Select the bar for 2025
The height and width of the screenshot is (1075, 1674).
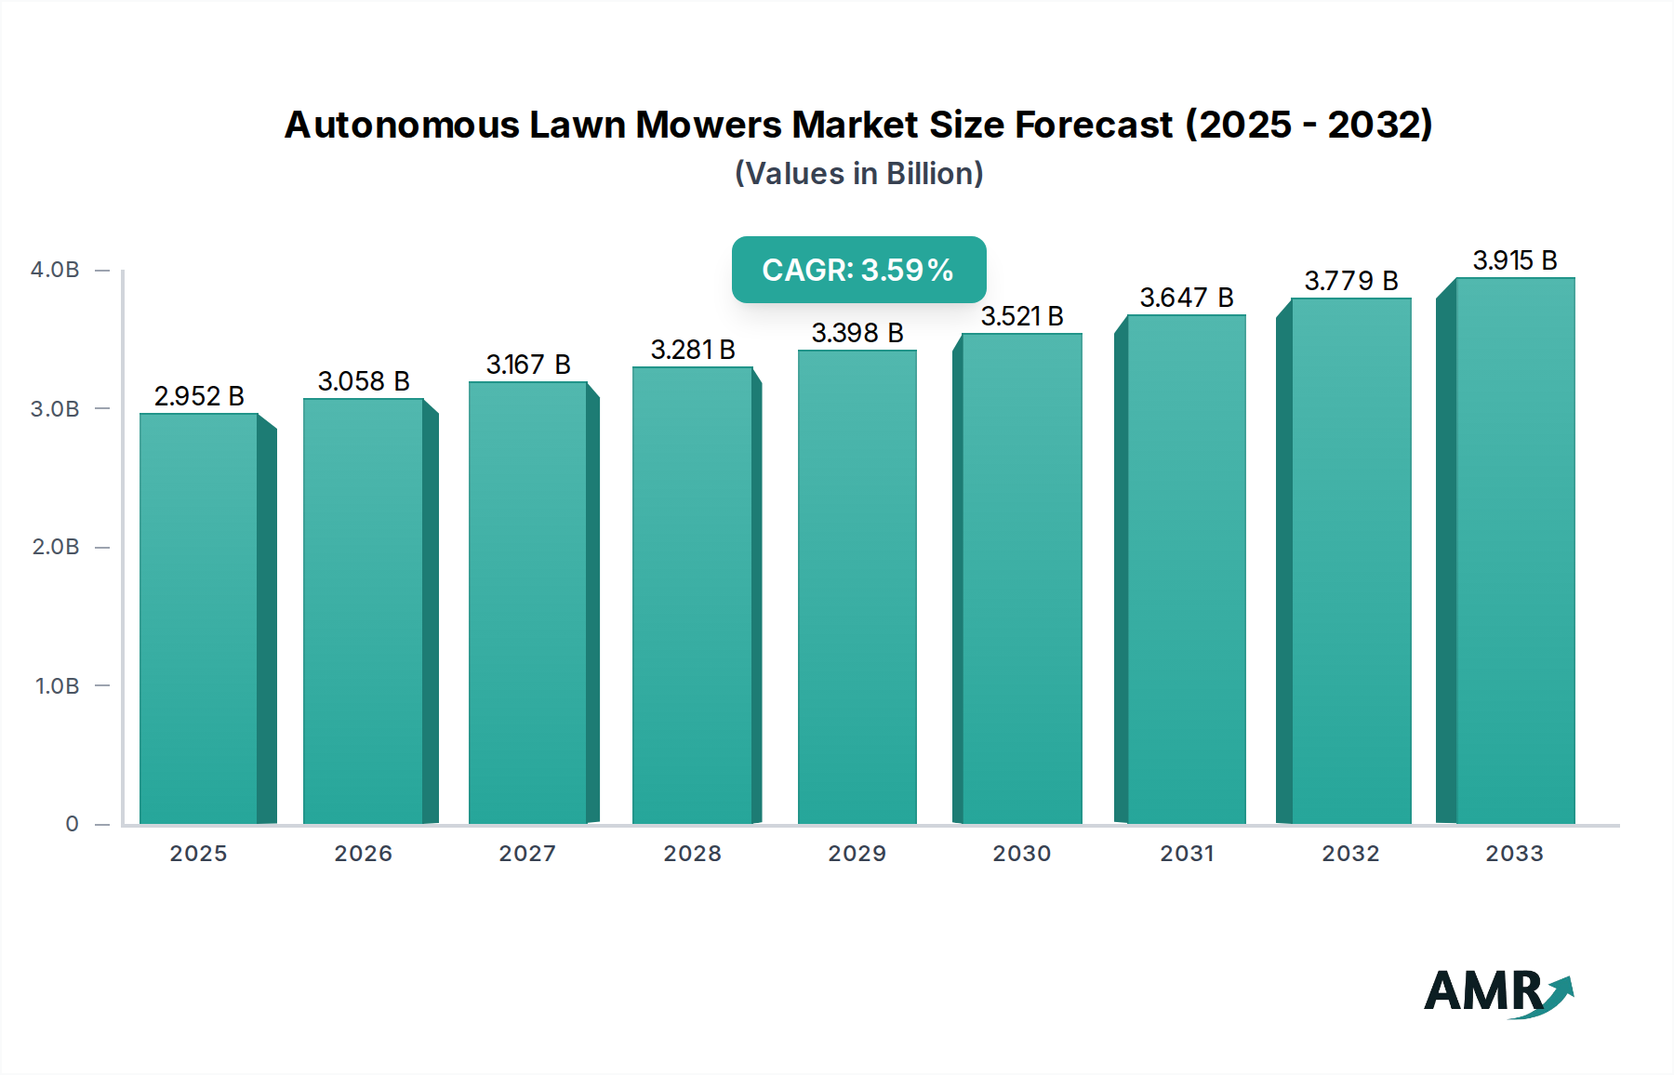coord(198,618)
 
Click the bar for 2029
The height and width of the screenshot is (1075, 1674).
coord(857,587)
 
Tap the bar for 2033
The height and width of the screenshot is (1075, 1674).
coord(1514,551)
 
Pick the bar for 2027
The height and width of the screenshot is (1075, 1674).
coord(527,603)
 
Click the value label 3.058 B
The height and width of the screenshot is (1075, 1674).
coord(364,381)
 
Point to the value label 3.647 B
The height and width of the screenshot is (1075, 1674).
coord(1186,298)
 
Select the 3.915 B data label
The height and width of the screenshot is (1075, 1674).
coord(1514,260)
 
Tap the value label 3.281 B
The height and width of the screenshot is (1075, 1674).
coord(693,350)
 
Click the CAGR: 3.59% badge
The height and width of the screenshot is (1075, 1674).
coord(858,270)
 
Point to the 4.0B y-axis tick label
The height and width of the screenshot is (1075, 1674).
coord(55,270)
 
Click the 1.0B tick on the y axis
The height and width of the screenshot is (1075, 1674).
coord(57,686)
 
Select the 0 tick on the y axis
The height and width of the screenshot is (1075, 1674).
coord(72,824)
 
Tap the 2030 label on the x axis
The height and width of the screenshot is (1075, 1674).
coord(1021,854)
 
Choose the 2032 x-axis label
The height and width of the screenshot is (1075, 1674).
coord(1350,854)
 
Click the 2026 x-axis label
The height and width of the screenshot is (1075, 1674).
coord(363,854)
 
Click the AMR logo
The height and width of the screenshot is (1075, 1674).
coord(1497,992)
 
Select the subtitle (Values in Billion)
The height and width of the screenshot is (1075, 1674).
coord(858,174)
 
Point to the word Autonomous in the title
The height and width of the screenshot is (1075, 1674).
coord(402,125)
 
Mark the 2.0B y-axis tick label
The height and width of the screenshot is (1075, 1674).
coord(56,547)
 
